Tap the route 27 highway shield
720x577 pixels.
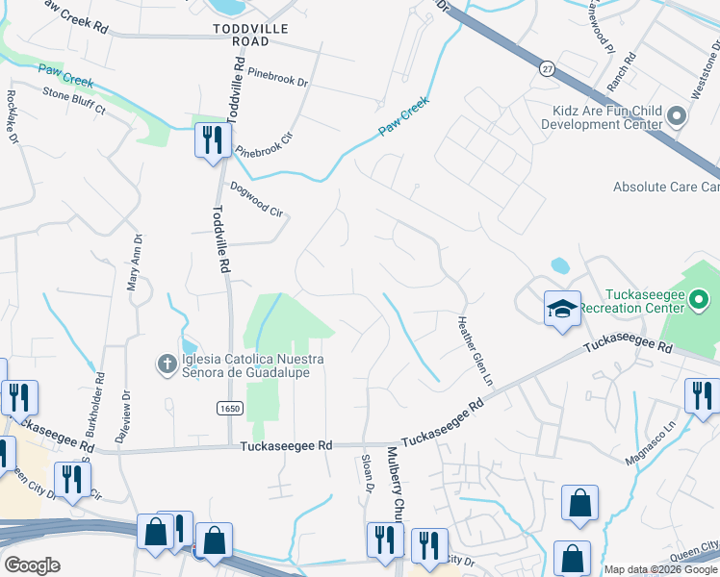pos(547,69)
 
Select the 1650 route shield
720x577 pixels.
pos(222,409)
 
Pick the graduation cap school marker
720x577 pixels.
pos(562,308)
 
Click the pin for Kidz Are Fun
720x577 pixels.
pos(676,117)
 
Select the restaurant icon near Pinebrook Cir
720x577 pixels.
pos(210,140)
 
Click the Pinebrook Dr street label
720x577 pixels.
pos(277,78)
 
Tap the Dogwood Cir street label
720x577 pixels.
pos(257,199)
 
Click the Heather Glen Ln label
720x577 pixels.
pos(475,352)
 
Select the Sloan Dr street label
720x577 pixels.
pos(368,474)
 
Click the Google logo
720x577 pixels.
pos(32,565)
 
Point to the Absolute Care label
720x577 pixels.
pos(667,187)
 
